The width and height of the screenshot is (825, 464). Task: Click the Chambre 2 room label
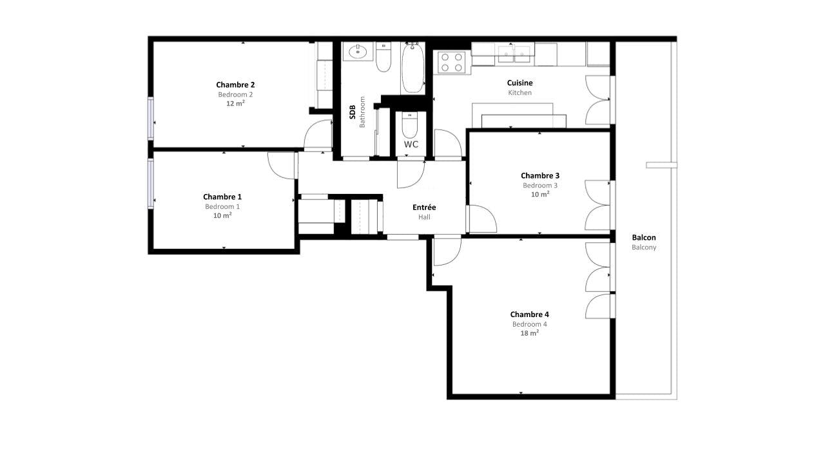(x=235, y=84)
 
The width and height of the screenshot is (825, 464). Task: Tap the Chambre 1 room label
(x=222, y=197)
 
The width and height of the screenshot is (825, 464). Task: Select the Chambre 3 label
(x=540, y=176)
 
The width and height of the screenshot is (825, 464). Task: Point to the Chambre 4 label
(x=529, y=314)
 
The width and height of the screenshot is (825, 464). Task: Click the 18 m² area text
(x=529, y=333)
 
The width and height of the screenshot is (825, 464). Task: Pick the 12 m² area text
(x=235, y=104)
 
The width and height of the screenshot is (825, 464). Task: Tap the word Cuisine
(x=519, y=83)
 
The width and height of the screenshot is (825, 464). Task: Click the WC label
(x=411, y=144)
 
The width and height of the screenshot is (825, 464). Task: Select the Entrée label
(x=424, y=208)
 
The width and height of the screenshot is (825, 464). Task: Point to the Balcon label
(x=644, y=238)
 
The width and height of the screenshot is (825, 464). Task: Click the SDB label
(x=353, y=112)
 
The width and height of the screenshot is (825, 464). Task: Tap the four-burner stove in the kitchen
(x=452, y=63)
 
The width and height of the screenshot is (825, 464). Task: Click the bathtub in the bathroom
(x=413, y=68)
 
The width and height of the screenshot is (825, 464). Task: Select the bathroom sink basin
(x=358, y=52)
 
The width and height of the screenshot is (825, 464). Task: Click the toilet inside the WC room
(x=409, y=125)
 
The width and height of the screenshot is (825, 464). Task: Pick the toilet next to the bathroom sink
(x=383, y=57)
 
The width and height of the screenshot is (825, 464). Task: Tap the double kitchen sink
(x=514, y=54)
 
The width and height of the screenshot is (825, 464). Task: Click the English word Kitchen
(x=519, y=93)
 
